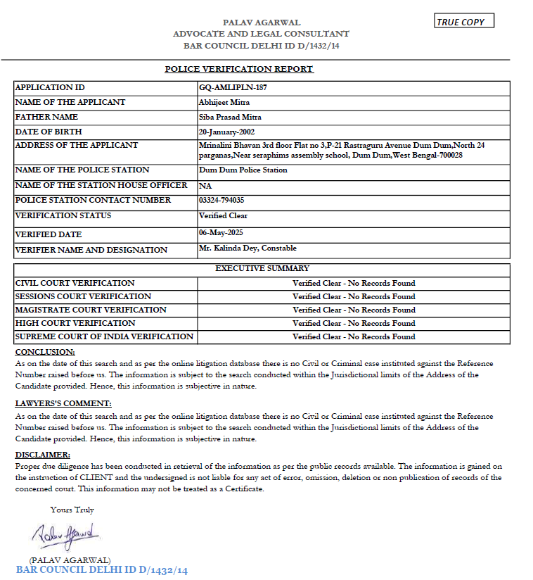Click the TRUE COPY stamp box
(x=464, y=21)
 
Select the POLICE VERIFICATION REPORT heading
(x=239, y=69)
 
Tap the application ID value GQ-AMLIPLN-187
(x=233, y=88)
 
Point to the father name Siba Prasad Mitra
(x=230, y=117)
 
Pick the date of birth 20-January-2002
(x=231, y=132)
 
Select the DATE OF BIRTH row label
(x=49, y=132)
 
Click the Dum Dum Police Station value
(x=243, y=170)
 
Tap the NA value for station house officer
(x=205, y=186)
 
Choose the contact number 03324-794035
(x=221, y=201)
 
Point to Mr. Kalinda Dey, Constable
(x=248, y=248)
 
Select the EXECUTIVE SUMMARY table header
(x=262, y=268)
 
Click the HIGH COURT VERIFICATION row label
(x=65, y=323)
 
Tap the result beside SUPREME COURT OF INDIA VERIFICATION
(x=354, y=336)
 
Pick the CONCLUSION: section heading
(x=45, y=352)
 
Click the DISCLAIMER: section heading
(x=43, y=455)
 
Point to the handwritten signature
(x=68, y=535)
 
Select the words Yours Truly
(x=72, y=510)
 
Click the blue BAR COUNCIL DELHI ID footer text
(x=102, y=570)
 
